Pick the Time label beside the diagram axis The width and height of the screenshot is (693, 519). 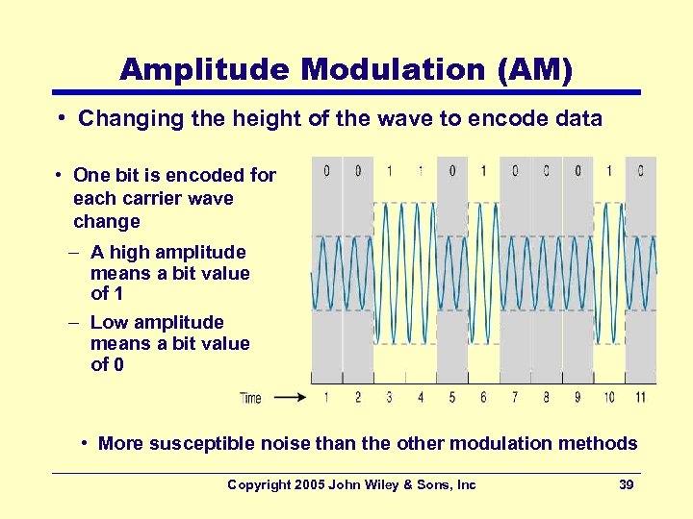click(x=250, y=397)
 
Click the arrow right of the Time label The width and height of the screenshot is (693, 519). click(x=289, y=397)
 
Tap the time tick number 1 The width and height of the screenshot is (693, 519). click(x=326, y=397)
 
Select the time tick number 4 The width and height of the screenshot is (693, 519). click(x=421, y=397)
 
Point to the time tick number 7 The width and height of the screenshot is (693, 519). click(x=515, y=397)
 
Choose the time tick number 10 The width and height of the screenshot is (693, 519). click(x=609, y=397)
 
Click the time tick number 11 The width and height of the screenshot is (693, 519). click(x=641, y=397)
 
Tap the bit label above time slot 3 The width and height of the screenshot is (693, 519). click(x=389, y=171)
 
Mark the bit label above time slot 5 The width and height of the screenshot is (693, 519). click(x=452, y=171)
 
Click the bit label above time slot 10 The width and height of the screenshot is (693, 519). click(x=609, y=171)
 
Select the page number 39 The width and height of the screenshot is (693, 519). click(x=626, y=485)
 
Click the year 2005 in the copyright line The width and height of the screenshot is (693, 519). click(x=308, y=485)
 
